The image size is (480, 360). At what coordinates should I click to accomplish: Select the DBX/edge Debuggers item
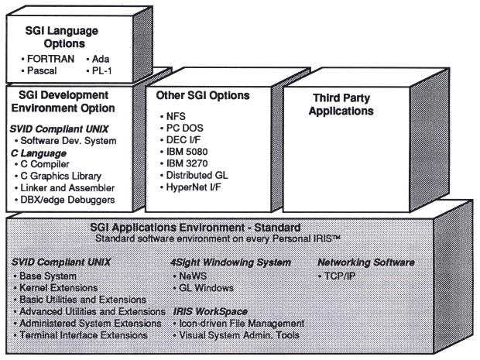[x=67, y=201]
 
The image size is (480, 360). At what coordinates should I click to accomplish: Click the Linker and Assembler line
[x=65, y=188]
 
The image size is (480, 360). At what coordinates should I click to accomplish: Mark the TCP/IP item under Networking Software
[x=344, y=275]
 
